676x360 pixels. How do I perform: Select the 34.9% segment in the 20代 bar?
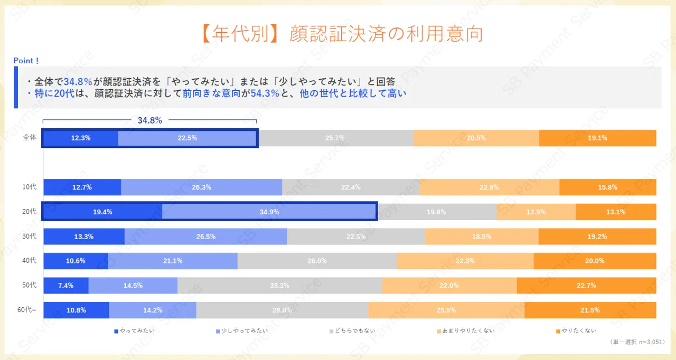pyautogui.click(x=269, y=212)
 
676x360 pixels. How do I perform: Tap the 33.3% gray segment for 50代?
pyautogui.click(x=279, y=286)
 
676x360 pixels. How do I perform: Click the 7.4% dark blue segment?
pyautogui.click(x=66, y=286)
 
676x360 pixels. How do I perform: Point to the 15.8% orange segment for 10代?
pyautogui.click(x=607, y=187)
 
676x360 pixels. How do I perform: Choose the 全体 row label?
pyautogui.click(x=30, y=138)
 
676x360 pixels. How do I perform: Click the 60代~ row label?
pyautogui.click(x=27, y=310)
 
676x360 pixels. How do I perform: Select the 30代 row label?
pyautogui.click(x=30, y=236)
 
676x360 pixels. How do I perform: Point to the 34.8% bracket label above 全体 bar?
pyautogui.click(x=149, y=120)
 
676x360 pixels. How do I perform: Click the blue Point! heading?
pyautogui.click(x=26, y=61)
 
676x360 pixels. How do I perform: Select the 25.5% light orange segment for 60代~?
pyautogui.click(x=446, y=310)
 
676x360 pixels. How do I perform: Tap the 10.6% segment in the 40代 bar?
pyautogui.click(x=76, y=261)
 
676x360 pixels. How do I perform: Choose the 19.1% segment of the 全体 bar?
pyautogui.click(x=597, y=138)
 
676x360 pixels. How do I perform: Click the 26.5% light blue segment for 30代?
pyautogui.click(x=205, y=236)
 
